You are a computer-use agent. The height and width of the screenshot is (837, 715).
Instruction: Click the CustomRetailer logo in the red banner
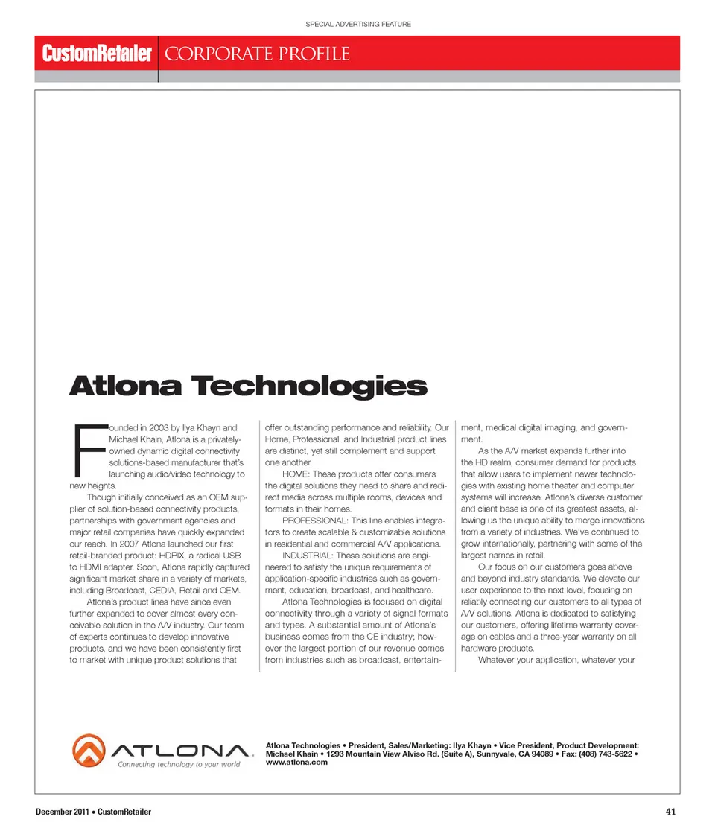coord(97,54)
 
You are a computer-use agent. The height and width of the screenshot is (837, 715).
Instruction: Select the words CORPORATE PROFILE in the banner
coord(257,54)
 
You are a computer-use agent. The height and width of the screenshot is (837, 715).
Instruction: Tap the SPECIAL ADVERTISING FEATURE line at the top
coord(358,25)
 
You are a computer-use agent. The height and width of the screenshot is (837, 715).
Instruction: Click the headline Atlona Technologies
coord(248,386)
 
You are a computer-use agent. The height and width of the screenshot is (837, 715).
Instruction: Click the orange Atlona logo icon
coord(90,754)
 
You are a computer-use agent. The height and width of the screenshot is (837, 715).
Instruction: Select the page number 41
coord(670,812)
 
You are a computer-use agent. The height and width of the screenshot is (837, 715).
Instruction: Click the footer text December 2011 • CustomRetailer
coord(94,812)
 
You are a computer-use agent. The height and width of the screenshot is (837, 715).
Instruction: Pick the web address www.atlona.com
coord(296,762)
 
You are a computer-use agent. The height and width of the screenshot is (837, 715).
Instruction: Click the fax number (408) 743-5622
coord(608,754)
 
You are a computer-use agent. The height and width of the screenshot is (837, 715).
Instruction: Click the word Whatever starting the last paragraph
coord(502,660)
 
